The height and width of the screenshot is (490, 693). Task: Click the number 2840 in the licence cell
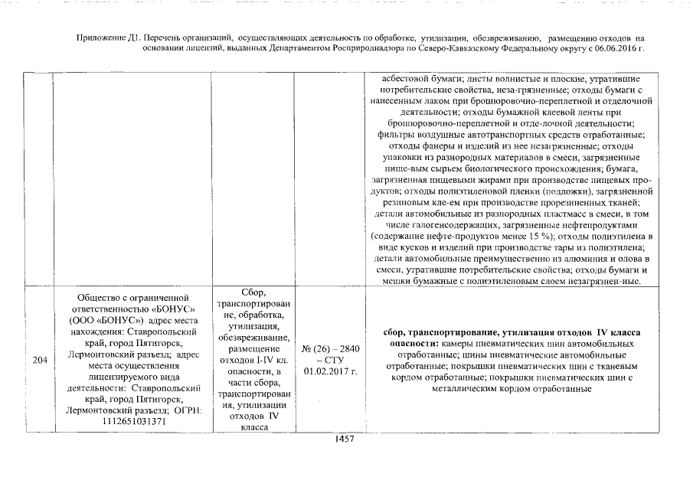(346, 348)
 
